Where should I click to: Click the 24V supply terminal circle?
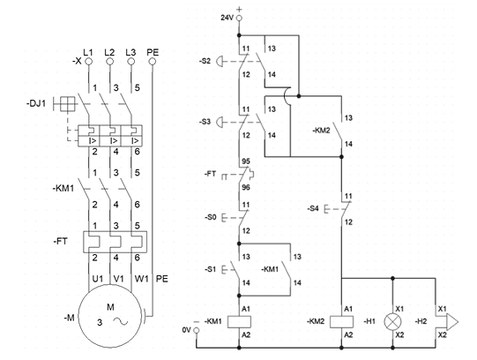coord(240,18)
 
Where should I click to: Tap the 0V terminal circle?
coord(197,330)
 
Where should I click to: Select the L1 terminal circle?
coord(88,62)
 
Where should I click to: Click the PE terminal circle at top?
coord(153,62)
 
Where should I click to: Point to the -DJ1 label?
coord(36,103)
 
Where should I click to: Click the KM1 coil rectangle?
coord(240,322)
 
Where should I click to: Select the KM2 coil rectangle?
coord(341,322)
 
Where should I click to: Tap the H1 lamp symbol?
coord(392,322)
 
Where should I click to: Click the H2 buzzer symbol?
coord(447,322)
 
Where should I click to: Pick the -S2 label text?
coord(205,61)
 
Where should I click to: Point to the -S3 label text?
coord(205,122)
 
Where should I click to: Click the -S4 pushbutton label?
coord(313,209)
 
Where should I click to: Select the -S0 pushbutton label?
coord(211,217)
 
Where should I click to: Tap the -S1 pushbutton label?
coord(211,269)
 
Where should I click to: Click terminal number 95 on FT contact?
coord(246,161)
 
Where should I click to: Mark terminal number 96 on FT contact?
coord(246,187)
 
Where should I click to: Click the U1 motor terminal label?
coord(97,279)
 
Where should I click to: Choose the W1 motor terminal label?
coord(141,279)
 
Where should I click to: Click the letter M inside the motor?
coord(110,307)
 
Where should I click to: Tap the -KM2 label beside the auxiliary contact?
coord(322,131)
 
